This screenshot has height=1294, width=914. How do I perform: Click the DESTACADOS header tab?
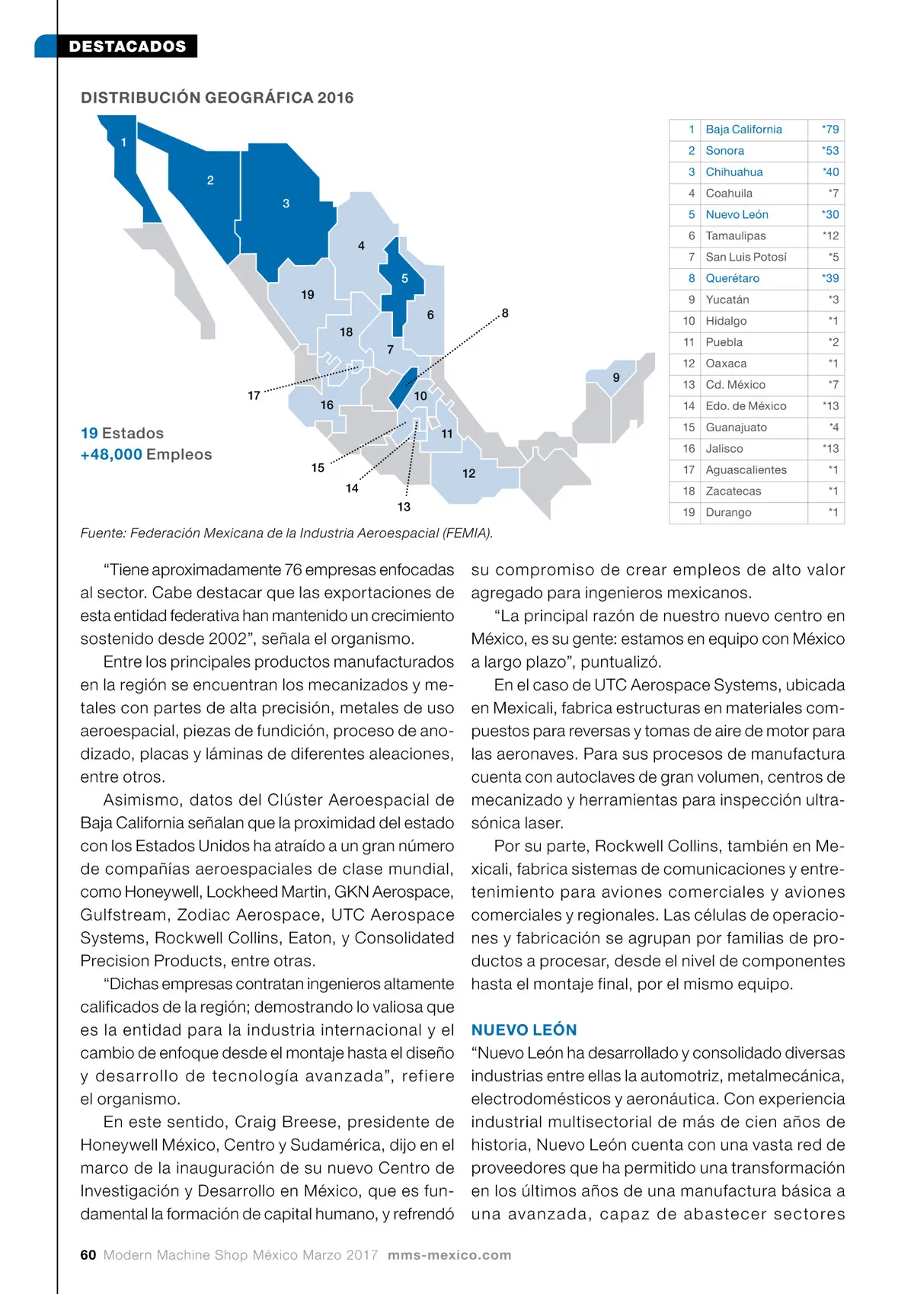click(127, 46)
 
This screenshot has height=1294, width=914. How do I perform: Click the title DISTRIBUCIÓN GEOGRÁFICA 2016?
click(217, 98)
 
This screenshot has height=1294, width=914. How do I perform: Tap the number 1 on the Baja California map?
click(123, 143)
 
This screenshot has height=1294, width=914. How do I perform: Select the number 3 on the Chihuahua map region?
click(286, 203)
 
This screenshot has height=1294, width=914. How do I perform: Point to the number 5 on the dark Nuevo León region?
click(404, 279)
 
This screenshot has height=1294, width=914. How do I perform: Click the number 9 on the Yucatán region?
click(616, 378)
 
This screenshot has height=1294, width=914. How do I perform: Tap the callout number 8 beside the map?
click(505, 313)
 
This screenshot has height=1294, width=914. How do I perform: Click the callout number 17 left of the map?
click(254, 396)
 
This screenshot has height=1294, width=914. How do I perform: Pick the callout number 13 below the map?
click(404, 507)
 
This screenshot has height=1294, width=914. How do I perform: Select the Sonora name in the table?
click(724, 151)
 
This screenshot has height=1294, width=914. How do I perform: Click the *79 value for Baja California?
click(830, 130)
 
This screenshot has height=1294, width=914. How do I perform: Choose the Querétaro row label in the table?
click(732, 279)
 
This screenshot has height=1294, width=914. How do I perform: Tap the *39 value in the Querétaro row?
click(830, 279)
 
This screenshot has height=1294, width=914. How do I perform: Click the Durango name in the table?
click(728, 513)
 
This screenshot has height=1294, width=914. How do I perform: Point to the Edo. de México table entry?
click(746, 406)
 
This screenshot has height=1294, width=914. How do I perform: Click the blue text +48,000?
click(111, 455)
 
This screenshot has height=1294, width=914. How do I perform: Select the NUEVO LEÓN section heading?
click(524, 1030)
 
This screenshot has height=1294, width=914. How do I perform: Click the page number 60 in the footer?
click(88, 1255)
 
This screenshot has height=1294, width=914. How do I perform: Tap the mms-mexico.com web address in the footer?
click(449, 1255)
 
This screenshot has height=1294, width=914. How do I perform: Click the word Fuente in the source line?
click(101, 533)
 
